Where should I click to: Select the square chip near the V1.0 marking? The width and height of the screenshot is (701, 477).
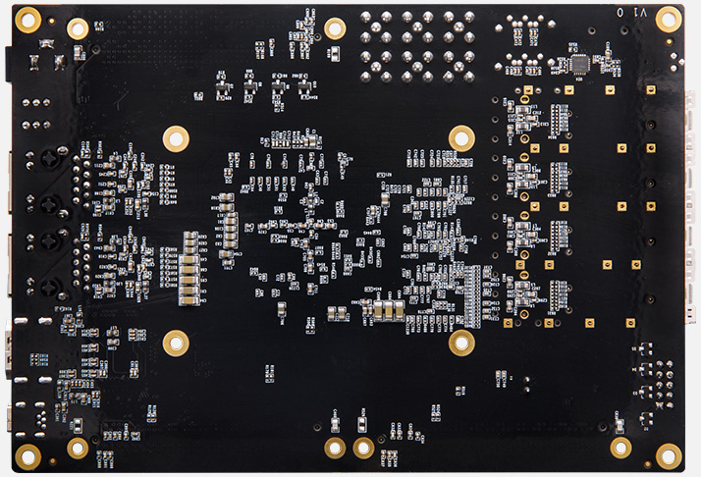click(x=580, y=63)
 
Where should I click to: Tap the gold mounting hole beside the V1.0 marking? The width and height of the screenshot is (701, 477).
click(x=669, y=19)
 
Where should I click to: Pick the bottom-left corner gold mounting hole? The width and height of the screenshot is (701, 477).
click(x=27, y=455)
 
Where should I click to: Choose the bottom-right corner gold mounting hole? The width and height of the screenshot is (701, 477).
click(x=669, y=455)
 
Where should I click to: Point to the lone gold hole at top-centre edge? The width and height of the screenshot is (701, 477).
click(x=335, y=28)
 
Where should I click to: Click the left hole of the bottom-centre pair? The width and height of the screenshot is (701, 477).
click(x=335, y=449)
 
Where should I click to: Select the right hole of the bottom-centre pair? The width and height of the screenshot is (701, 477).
click(x=363, y=449)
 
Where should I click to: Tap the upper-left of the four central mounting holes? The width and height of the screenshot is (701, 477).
click(x=176, y=137)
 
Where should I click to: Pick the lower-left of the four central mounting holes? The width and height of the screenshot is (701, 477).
click(x=176, y=343)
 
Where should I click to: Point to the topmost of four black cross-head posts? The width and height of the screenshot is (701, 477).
click(x=45, y=158)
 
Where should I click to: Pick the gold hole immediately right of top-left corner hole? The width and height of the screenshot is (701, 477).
click(x=78, y=28)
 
